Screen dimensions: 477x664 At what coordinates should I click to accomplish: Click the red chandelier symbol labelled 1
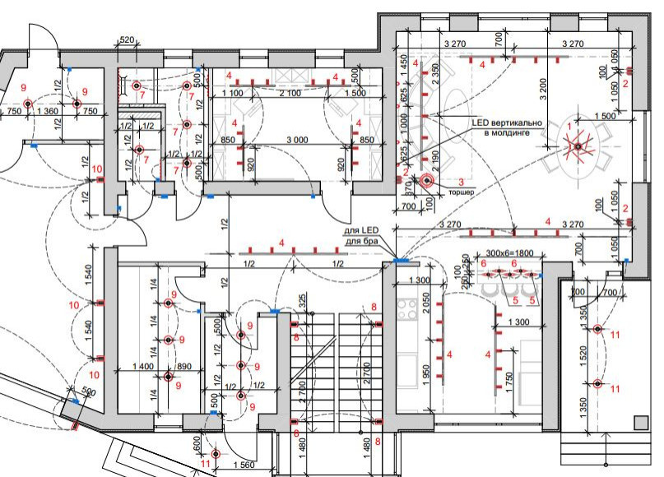(578, 146)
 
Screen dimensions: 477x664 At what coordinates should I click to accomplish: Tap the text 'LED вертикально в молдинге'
(506, 127)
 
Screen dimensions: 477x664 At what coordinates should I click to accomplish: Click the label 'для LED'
(361, 230)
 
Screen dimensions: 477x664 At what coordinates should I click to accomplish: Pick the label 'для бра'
(361, 242)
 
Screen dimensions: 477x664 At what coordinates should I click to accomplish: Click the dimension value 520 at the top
(127, 39)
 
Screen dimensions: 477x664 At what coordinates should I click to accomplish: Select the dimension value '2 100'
(289, 94)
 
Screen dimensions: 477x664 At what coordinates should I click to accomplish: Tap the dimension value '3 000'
(297, 140)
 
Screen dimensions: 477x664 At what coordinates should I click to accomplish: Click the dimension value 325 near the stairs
(303, 301)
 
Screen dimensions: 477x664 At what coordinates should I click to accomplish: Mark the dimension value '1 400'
(142, 365)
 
